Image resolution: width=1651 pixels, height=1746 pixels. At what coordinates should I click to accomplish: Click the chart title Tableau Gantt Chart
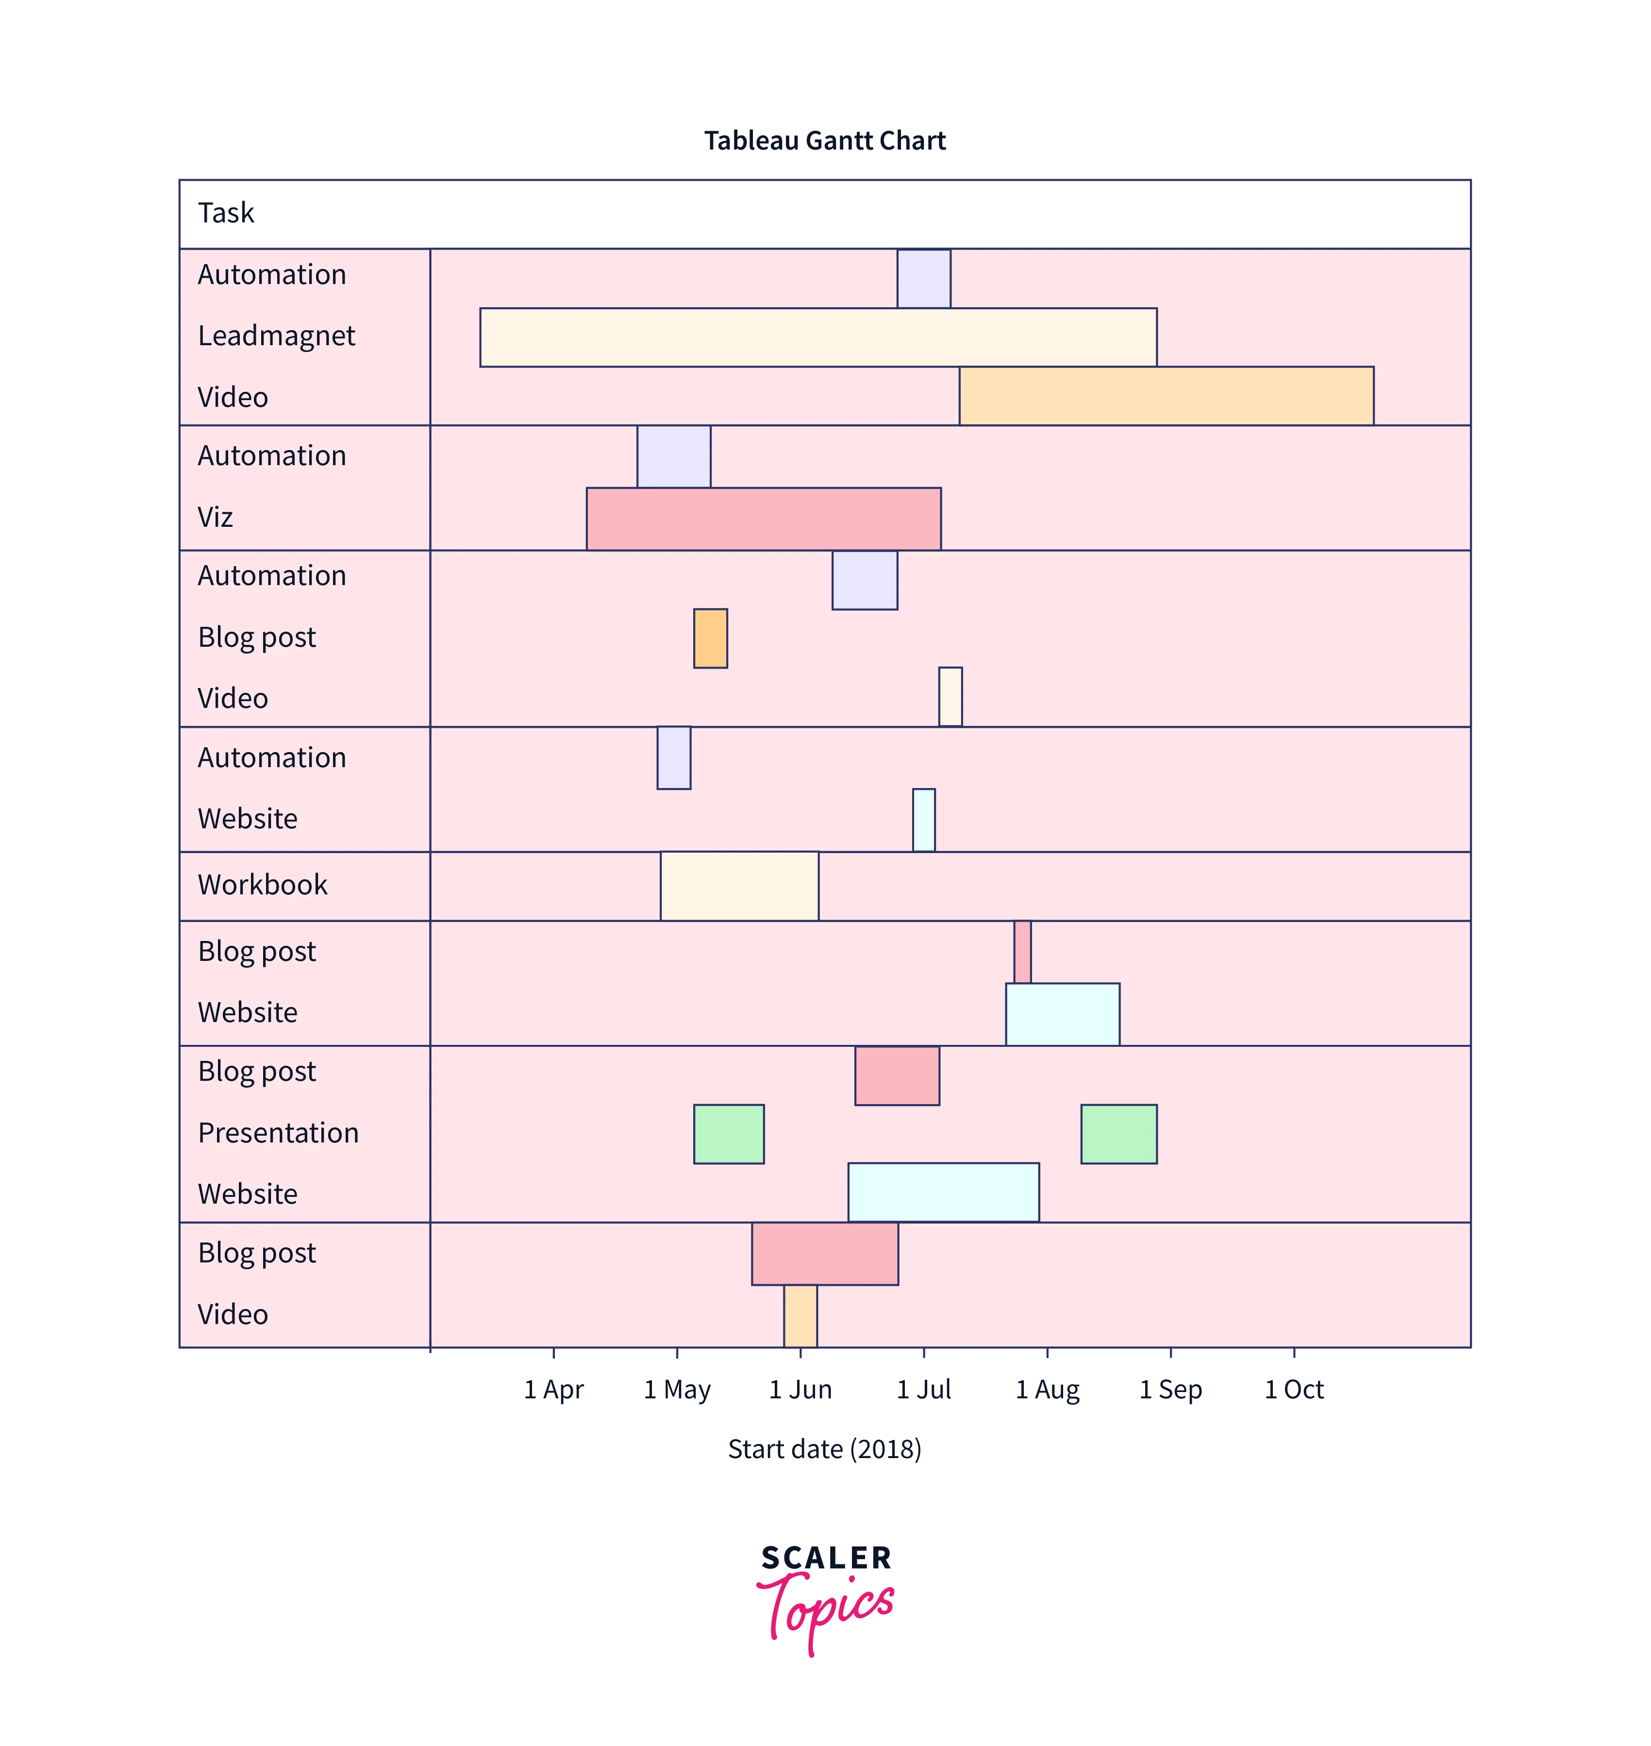click(825, 141)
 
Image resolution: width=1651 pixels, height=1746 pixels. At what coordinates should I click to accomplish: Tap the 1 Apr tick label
click(553, 1390)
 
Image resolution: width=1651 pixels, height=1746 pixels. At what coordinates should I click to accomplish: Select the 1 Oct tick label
click(1294, 1390)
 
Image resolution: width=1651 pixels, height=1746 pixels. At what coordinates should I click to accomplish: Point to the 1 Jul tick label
click(923, 1390)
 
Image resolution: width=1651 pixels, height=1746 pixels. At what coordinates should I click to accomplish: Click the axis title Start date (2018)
click(825, 1449)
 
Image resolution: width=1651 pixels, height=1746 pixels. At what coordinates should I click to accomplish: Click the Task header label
click(226, 213)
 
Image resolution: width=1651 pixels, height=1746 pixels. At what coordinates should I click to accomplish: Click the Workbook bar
click(739, 886)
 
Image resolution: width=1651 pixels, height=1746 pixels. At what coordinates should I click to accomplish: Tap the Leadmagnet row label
click(276, 336)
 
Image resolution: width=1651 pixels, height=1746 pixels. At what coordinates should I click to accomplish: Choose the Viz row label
click(216, 518)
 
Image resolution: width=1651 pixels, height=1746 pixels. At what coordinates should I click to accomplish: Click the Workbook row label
click(262, 885)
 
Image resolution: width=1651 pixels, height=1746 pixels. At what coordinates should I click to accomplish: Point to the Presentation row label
click(278, 1133)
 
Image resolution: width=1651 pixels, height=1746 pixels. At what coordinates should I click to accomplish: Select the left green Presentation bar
click(729, 1134)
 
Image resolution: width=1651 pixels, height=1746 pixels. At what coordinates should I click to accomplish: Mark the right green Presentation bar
click(1118, 1134)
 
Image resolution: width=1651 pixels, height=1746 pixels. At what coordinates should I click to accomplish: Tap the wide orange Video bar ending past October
click(1166, 396)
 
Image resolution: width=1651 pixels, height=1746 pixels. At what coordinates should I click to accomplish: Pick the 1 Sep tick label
click(1170, 1390)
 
